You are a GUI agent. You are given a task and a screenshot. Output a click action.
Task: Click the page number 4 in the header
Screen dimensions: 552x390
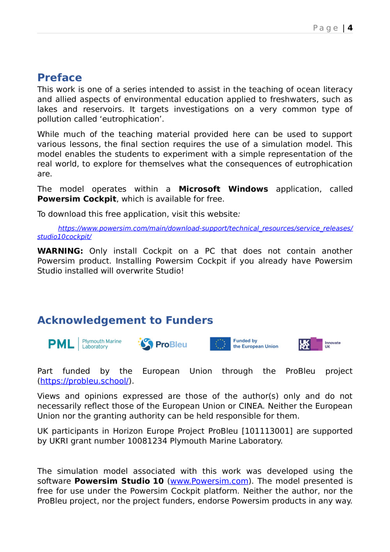[350, 28]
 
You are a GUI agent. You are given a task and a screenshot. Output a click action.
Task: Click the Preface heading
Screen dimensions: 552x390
[60, 77]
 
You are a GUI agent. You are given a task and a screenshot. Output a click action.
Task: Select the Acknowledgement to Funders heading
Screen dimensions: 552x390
[125, 320]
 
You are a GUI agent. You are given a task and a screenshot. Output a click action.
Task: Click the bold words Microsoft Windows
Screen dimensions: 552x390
[223, 189]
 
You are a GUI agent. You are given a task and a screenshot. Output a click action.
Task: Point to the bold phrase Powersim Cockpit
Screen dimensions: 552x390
[77, 199]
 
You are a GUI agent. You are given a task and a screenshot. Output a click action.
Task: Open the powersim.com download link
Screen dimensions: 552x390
[205, 228]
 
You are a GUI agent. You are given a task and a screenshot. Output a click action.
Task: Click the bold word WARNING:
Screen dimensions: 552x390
[60, 251]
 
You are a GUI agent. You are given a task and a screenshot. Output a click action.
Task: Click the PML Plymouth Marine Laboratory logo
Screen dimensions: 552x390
[85, 344]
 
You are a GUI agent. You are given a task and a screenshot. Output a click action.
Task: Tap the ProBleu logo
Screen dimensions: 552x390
[163, 344]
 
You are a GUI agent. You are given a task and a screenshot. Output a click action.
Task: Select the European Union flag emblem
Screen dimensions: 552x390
[220, 344]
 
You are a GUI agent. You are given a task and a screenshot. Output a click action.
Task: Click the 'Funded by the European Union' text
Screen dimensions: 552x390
[255, 343]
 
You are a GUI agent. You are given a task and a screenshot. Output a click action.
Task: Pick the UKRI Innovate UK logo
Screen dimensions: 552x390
[319, 344]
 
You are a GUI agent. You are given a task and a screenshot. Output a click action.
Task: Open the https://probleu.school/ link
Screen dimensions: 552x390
[85, 381]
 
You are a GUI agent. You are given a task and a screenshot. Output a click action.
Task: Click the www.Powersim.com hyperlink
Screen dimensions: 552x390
[209, 481]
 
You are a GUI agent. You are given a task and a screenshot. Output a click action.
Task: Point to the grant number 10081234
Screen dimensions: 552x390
[147, 441]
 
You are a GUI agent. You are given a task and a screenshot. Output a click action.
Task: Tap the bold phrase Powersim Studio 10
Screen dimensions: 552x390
[119, 481]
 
